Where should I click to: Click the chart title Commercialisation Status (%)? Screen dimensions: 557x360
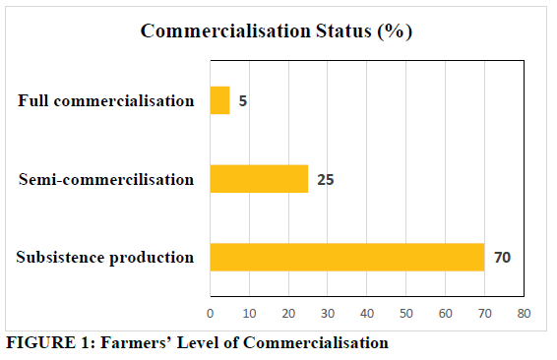(277, 31)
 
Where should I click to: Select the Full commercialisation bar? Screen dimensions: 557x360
(219, 100)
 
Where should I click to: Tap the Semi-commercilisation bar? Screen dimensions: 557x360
(260, 179)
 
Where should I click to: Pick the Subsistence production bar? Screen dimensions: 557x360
(347, 258)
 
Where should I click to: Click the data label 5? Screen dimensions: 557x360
(243, 101)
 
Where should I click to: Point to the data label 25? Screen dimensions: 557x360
(326, 180)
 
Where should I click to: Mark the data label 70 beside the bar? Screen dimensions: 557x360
(502, 258)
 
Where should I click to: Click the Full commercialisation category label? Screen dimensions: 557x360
(106, 100)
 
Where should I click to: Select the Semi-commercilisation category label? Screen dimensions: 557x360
(106, 179)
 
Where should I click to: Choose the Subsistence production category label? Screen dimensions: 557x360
(104, 258)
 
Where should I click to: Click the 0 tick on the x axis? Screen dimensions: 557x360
(211, 314)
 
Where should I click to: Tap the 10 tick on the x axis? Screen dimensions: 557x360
(249, 314)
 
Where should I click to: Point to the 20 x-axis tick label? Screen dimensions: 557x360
(288, 314)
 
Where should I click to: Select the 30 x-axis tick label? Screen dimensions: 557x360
(328, 314)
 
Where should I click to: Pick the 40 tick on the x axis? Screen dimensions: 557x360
(367, 314)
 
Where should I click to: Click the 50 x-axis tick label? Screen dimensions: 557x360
(406, 314)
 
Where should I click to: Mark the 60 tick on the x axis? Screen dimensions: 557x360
(445, 314)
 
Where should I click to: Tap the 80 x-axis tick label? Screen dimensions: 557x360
(524, 314)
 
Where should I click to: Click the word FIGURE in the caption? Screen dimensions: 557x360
(41, 343)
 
